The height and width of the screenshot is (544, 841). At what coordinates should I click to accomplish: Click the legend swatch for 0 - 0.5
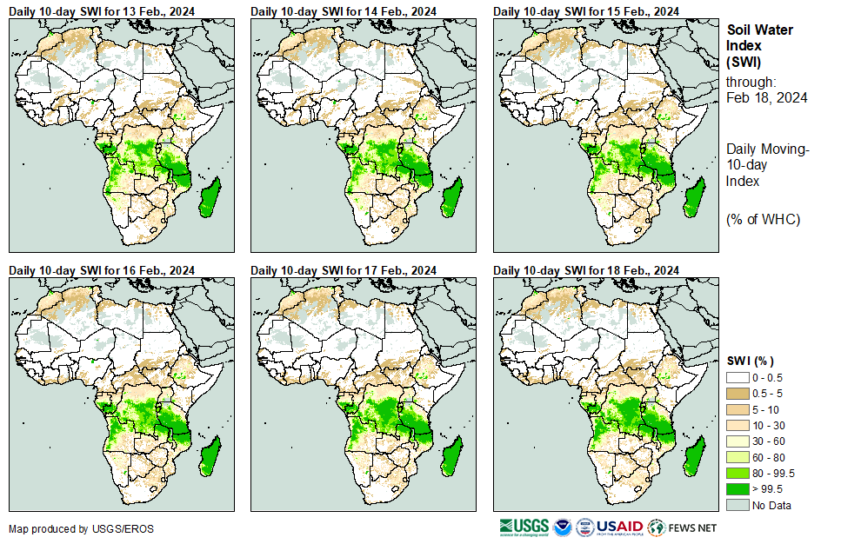point(738,377)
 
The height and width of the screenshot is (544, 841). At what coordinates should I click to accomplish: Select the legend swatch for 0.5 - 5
point(738,393)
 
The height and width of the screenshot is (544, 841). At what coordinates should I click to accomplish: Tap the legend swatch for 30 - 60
point(738,441)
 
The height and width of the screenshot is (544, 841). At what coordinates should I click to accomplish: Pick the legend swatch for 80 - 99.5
point(738,473)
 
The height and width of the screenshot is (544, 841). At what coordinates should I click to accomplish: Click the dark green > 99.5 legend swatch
point(738,488)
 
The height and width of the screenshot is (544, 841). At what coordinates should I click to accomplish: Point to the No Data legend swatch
point(738,505)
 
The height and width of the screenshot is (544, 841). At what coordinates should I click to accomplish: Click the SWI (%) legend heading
point(751,361)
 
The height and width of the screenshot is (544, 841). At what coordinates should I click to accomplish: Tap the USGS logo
point(524,527)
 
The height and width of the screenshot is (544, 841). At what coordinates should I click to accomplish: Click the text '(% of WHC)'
point(763,220)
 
